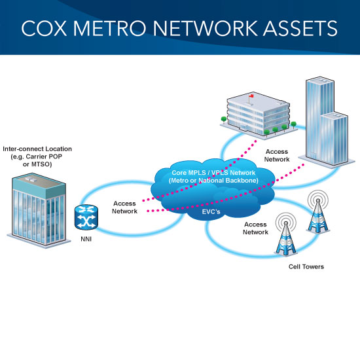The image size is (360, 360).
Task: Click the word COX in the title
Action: coord(44,28)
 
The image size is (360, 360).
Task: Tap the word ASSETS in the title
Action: coord(300,28)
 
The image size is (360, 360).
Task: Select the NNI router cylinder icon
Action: coord(86,217)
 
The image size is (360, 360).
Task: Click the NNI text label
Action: coord(86,239)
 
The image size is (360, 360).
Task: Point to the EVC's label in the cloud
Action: coord(211,211)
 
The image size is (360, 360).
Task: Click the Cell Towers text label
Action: coord(306,266)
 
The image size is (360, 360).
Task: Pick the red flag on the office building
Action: coord(251,96)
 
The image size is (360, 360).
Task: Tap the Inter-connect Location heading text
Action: coord(37,149)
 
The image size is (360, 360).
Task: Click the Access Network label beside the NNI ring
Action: coord(124,207)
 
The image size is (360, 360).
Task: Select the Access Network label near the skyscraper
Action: coord(277,155)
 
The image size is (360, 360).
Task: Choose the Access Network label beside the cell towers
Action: coord(255,228)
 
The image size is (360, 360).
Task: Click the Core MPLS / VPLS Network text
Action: coord(213,173)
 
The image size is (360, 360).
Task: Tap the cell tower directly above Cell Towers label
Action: coord(286,234)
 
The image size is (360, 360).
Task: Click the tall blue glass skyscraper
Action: coord(327,122)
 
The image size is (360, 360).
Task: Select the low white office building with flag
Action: coord(259,115)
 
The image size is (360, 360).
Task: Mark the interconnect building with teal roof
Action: coord(39,210)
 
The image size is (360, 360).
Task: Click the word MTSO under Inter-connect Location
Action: coord(41,164)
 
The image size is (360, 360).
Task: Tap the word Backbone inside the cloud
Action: coord(242,181)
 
